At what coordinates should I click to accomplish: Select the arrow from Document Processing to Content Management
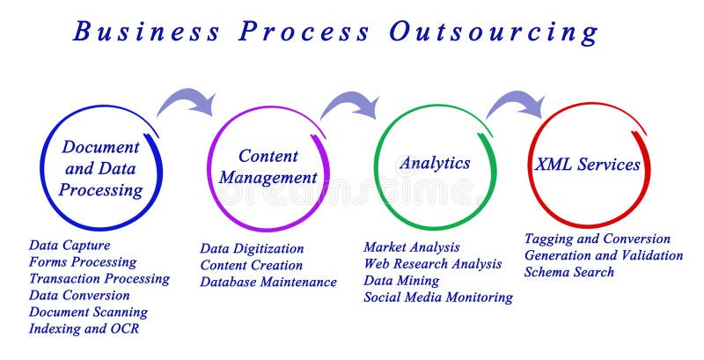tap(187, 99)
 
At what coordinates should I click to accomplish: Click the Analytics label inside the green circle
tap(435, 163)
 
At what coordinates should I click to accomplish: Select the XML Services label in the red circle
tap(587, 165)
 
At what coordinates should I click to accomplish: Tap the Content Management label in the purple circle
tap(268, 166)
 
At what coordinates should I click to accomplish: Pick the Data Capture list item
tap(70, 246)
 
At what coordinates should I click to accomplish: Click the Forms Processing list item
tap(83, 261)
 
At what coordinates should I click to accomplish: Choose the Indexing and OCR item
tap(84, 328)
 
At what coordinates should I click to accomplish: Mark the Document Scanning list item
tap(88, 312)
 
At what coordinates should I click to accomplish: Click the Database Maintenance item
tap(268, 282)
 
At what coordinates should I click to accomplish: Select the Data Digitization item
tap(252, 248)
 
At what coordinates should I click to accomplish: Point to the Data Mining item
tap(401, 280)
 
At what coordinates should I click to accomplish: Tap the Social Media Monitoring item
tap(438, 297)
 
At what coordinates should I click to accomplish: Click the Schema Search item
tap(568, 272)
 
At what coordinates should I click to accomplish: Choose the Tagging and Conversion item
tap(598, 239)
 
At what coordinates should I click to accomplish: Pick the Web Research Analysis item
tap(433, 263)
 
